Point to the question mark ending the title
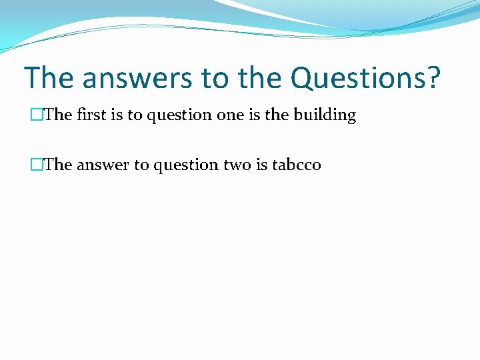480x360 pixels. point(433,79)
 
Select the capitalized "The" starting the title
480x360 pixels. point(49,79)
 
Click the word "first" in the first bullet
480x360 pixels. point(90,115)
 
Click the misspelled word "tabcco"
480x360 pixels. point(297,164)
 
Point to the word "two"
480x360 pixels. point(237,164)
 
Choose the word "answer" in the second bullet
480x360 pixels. point(103,164)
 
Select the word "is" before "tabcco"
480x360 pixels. point(262,164)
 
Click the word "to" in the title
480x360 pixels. point(213,79)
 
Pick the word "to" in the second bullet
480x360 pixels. point(141,164)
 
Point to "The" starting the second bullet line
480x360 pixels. point(58,164)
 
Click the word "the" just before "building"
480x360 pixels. point(276,115)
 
